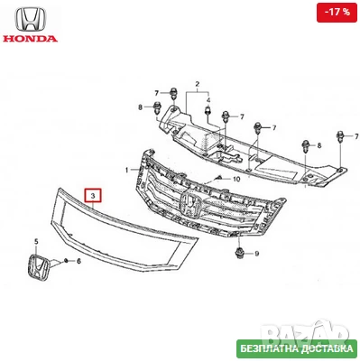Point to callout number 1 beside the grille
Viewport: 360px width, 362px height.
(127, 169)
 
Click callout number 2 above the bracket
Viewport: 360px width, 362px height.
(191, 82)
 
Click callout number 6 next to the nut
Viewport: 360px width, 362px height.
(78, 261)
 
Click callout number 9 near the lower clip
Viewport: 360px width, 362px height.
(256, 255)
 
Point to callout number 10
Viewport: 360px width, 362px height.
(235, 180)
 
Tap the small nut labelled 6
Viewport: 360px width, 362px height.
(66, 260)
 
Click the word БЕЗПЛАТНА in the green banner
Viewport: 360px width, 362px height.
(265, 348)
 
